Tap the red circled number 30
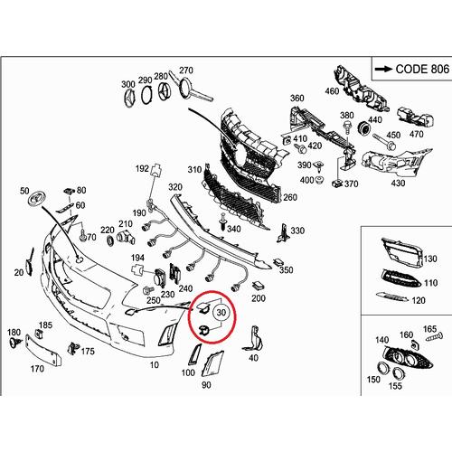[222, 311]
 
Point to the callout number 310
[193, 170]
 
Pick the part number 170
[38, 369]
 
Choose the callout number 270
[186, 71]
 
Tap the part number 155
[393, 385]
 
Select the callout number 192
[142, 168]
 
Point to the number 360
[297, 98]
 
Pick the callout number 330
[297, 231]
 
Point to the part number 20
[18, 273]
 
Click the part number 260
[289, 197]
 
